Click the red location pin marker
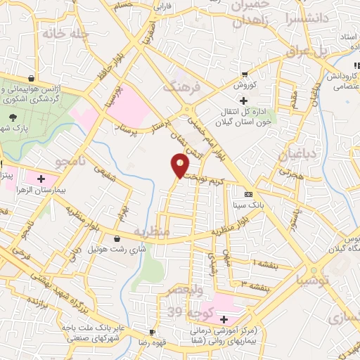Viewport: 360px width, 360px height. click(180, 166)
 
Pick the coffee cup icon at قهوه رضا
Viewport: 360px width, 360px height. click(151, 332)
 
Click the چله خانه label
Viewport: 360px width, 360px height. click(65, 34)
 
